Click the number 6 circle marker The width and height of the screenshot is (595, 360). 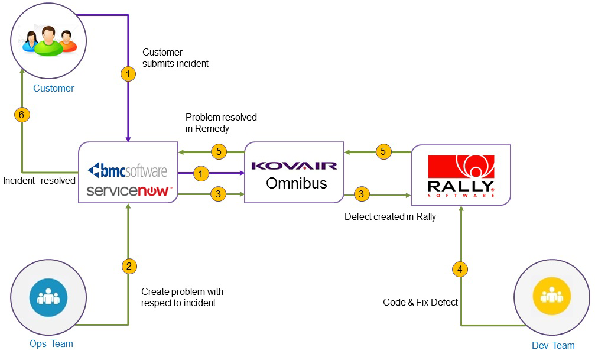point(21,115)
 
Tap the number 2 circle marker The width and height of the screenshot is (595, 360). point(128,266)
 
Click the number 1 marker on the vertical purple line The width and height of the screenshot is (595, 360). point(128,74)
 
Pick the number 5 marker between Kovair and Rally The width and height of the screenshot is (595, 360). point(383,152)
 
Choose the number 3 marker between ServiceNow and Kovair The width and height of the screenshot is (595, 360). point(219,193)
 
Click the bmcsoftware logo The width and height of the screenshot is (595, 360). point(128,171)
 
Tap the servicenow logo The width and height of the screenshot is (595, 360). point(129,191)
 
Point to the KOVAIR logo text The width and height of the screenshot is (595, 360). point(294,166)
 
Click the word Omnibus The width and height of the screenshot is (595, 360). point(296,183)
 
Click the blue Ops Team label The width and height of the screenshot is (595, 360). point(51,343)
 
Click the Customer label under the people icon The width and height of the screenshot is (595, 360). point(54,89)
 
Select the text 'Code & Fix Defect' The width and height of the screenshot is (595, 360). point(421,302)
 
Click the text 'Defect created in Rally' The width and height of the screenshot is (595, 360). point(390,217)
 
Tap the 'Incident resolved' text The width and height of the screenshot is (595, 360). point(39,181)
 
